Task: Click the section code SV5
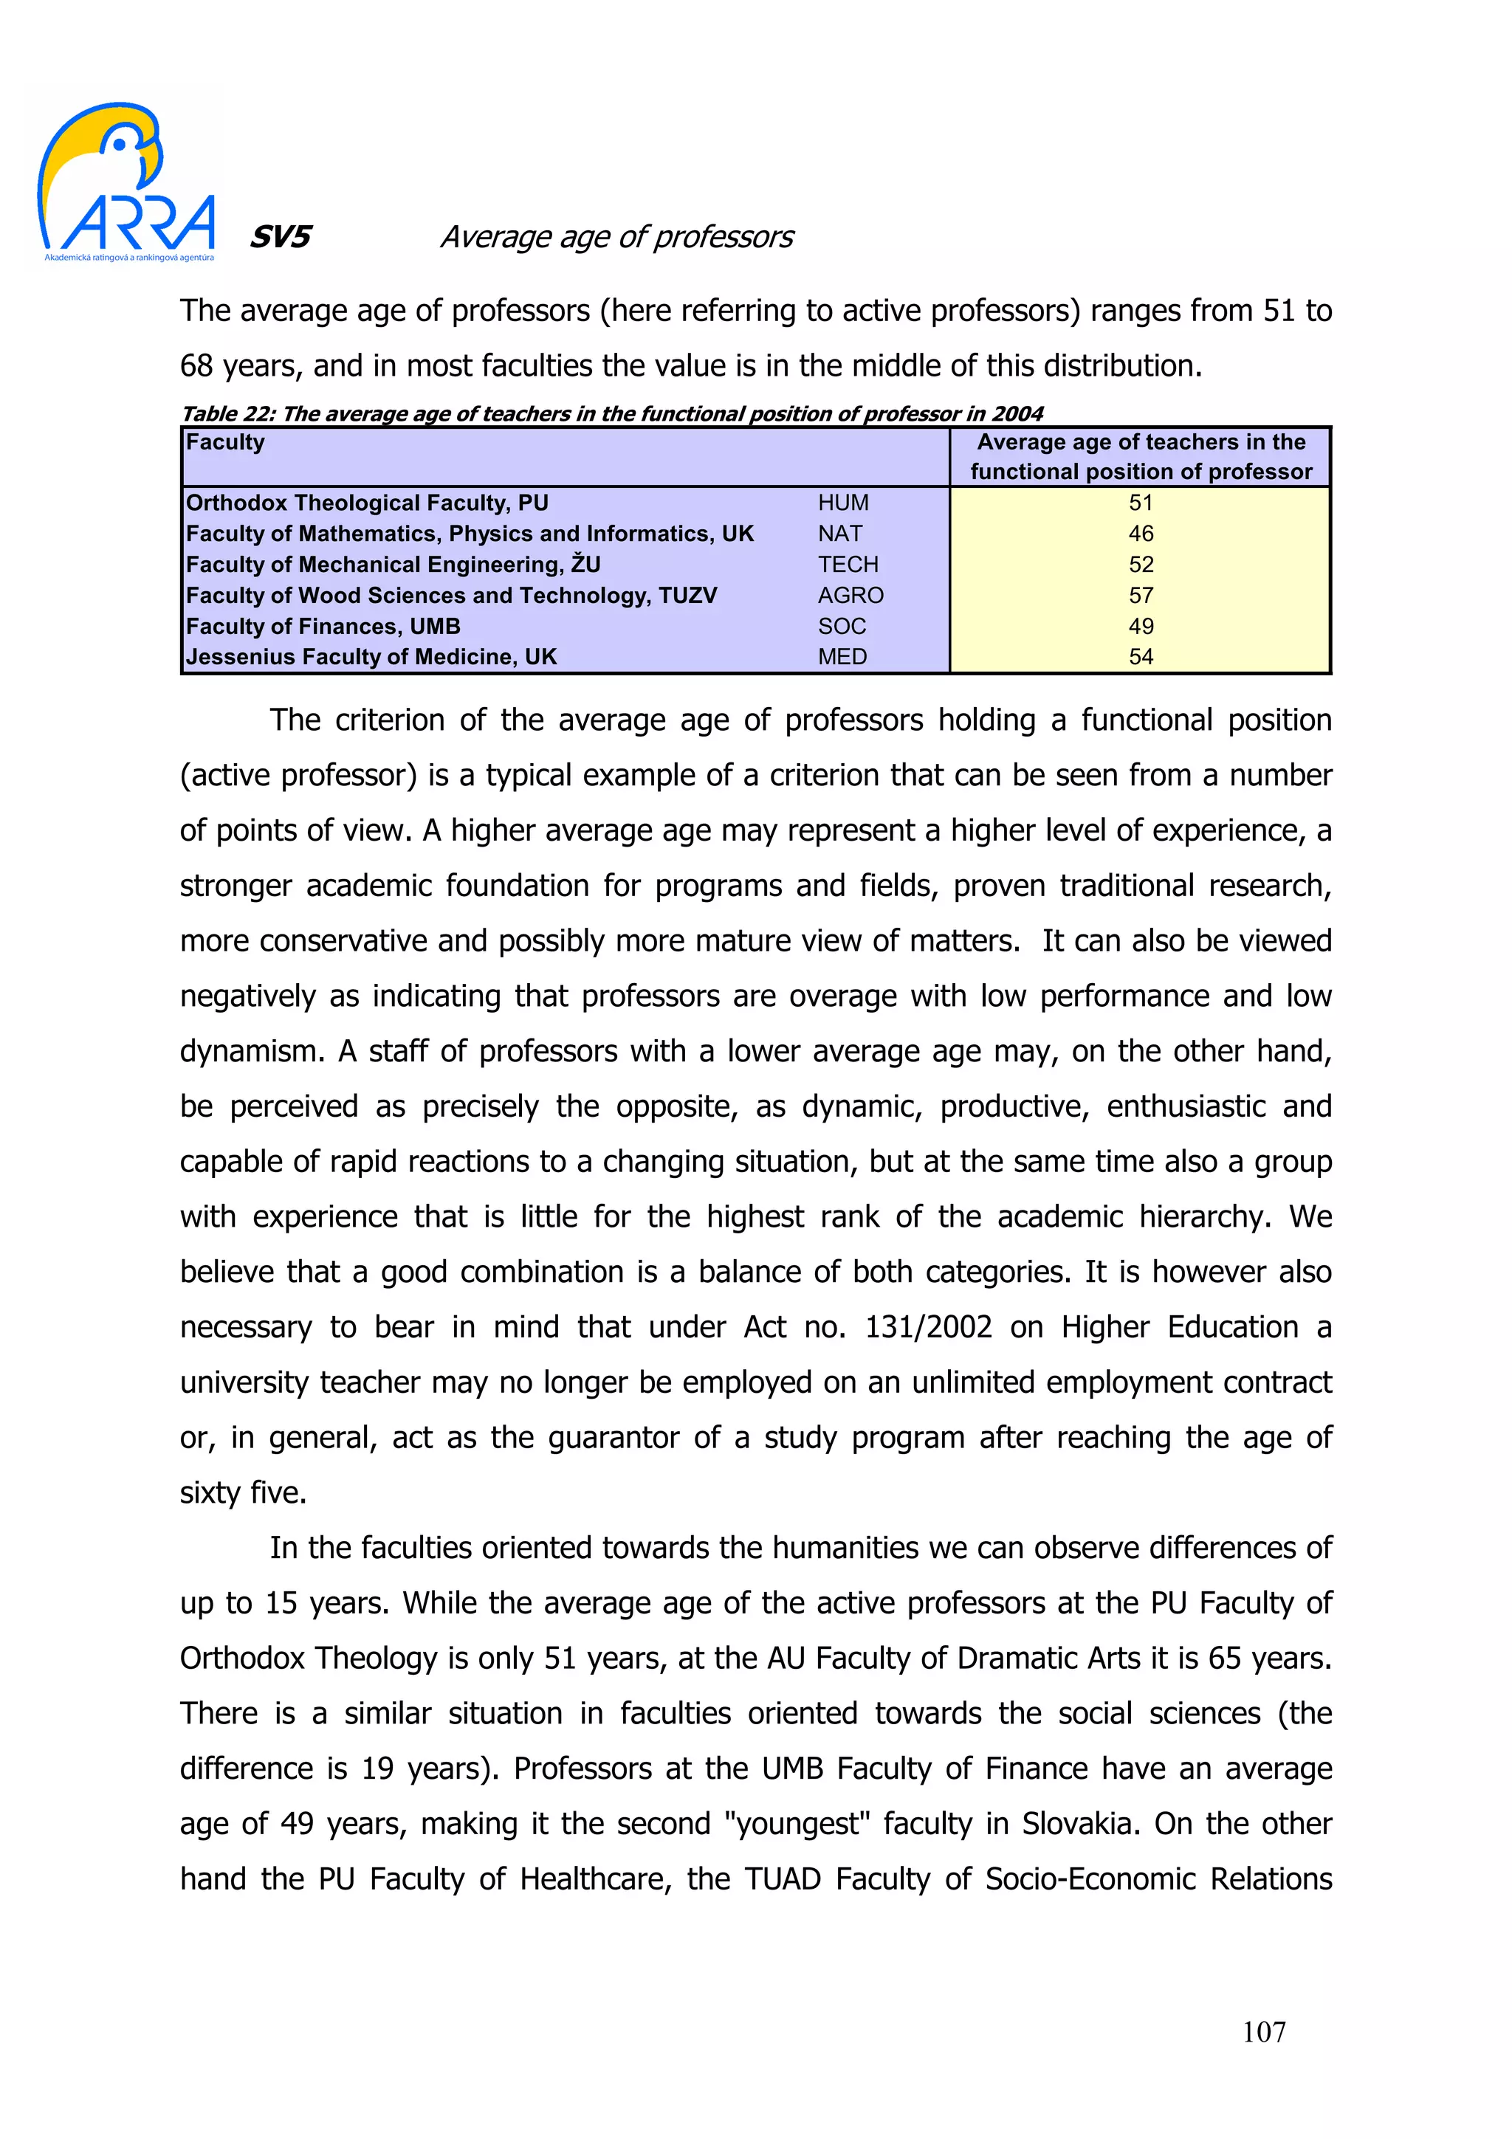click(x=280, y=237)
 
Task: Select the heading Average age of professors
click(x=616, y=237)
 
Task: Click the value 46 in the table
click(x=1141, y=534)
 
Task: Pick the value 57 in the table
click(x=1141, y=596)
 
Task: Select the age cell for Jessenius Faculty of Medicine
click(x=1141, y=657)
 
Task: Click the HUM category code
click(x=843, y=503)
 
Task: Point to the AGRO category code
click(x=850, y=596)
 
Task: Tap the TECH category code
click(x=848, y=565)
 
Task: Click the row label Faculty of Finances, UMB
click(x=323, y=626)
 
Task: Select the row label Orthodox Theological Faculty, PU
click(x=367, y=503)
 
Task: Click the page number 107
click(x=1263, y=2032)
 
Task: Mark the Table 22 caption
click(x=612, y=413)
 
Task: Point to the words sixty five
click(x=242, y=1492)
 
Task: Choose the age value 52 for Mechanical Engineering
click(x=1141, y=565)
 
